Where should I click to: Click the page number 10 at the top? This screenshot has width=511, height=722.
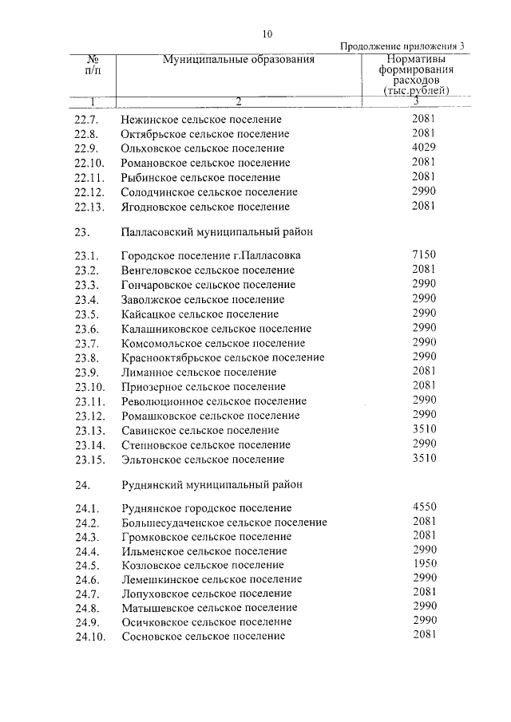(267, 34)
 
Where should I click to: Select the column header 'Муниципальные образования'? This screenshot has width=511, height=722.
(238, 60)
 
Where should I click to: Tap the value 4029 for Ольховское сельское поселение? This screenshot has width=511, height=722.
(423, 148)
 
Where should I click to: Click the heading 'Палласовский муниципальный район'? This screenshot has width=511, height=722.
(216, 231)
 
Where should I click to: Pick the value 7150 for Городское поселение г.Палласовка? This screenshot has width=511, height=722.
(423, 255)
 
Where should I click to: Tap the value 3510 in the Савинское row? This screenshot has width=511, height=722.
(423, 429)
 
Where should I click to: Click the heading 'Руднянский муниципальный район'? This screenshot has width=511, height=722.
(212, 484)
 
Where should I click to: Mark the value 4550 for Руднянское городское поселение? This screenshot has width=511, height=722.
(423, 507)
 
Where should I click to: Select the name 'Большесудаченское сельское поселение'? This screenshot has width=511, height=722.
(224, 523)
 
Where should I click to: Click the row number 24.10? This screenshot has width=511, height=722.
(89, 637)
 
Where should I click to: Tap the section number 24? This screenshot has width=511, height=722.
(80, 484)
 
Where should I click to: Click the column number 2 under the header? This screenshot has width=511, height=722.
(238, 101)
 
